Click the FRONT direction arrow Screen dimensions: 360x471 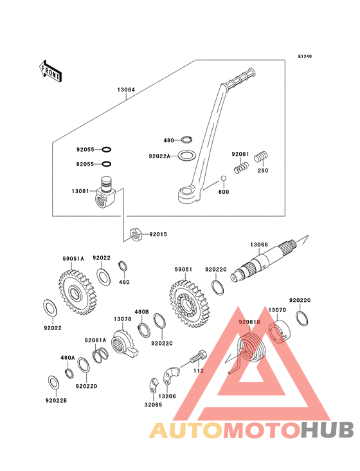pos(50,71)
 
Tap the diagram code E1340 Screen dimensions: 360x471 pos(305,56)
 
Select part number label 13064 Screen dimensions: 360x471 pos(126,89)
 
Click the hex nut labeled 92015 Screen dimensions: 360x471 pos(136,234)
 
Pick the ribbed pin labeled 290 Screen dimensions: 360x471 pos(261,157)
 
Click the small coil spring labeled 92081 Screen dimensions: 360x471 pos(241,167)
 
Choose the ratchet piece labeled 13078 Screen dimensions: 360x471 pos(124,343)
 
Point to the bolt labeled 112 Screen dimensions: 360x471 pos(198,356)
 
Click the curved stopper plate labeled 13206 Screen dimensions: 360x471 pos(171,375)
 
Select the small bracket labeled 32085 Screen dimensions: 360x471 pos(154,386)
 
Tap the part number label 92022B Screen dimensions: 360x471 pos(56,400)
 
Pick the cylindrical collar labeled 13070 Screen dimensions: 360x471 pos(279,332)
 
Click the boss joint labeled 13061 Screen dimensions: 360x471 pos(104,193)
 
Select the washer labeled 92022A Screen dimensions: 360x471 pos(187,155)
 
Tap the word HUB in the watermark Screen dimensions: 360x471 pos(328,430)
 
